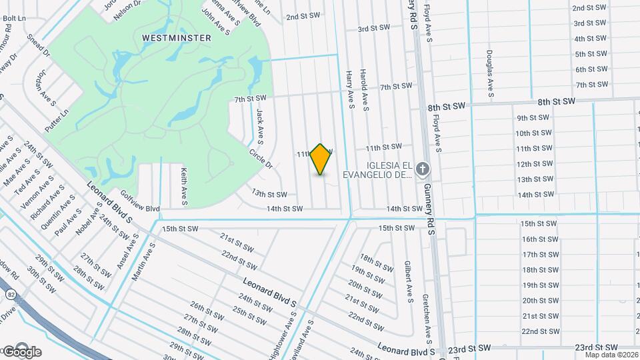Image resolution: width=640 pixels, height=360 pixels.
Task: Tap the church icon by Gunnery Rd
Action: [x=421, y=169]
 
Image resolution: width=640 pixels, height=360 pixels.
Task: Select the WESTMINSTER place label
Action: [x=177, y=38]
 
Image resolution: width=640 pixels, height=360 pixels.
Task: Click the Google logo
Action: [x=22, y=351]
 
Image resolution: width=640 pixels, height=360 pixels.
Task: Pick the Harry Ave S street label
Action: [x=349, y=90]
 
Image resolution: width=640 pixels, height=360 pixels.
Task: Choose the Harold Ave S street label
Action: [x=365, y=90]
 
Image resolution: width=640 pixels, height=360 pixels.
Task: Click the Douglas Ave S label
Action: [x=490, y=73]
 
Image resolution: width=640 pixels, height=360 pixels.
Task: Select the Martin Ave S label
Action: [x=143, y=261]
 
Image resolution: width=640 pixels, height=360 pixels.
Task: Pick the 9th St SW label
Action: [x=533, y=117]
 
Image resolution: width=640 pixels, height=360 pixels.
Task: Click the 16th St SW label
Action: [x=539, y=239]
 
